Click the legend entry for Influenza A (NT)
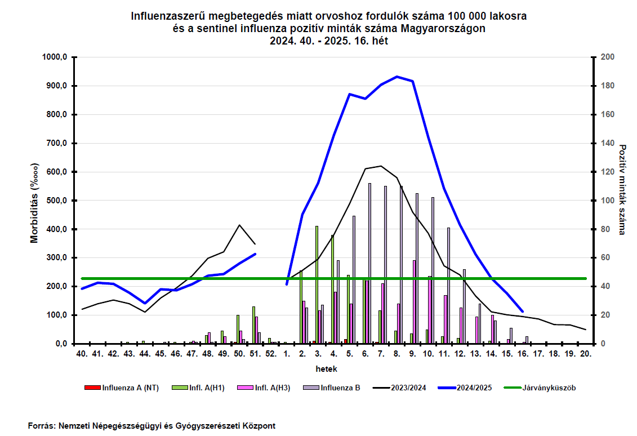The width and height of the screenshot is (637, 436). point(122,388)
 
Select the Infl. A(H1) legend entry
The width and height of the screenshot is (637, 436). point(198,388)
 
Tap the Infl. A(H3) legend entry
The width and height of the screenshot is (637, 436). point(264,388)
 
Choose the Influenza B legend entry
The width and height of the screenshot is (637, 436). point(332,388)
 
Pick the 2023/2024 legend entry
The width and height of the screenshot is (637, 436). point(399,388)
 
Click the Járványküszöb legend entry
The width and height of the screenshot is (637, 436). point(540,388)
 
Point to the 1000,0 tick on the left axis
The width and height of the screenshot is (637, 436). point(55,57)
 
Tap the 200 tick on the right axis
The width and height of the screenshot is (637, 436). point(608,57)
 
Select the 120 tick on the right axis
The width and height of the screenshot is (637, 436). point(608,172)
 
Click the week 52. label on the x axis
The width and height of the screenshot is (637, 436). point(271,354)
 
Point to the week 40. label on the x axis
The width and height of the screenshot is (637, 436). point(82,354)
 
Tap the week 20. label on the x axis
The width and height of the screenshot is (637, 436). point(585,354)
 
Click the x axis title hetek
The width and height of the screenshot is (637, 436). point(326,369)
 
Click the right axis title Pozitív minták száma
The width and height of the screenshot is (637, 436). point(622,189)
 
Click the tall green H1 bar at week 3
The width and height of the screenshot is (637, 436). point(317,285)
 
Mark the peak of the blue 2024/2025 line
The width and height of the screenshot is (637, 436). point(397,77)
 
